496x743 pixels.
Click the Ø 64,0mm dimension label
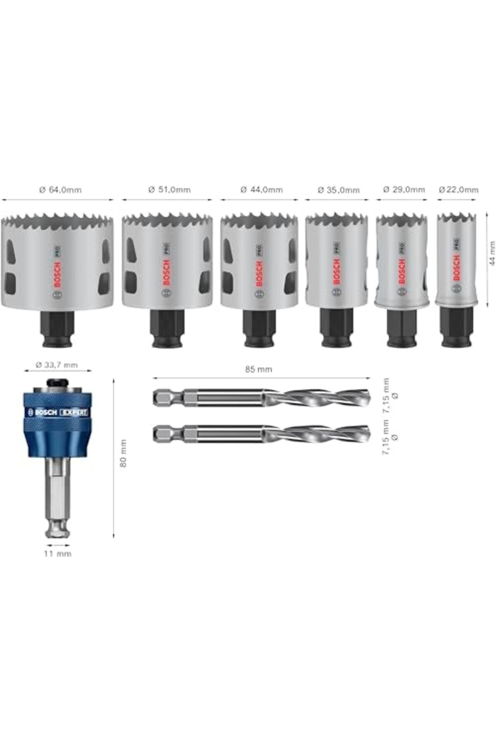[x=60, y=190]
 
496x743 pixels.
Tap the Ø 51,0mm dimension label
[x=169, y=190]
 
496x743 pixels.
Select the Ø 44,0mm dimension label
[x=262, y=190]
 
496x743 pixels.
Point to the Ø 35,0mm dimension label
[x=339, y=190]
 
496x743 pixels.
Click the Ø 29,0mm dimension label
[x=404, y=189]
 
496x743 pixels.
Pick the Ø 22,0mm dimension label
[x=458, y=189]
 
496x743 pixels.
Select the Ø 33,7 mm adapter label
[x=57, y=365]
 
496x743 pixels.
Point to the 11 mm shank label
[x=57, y=554]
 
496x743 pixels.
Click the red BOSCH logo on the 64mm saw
[x=57, y=275]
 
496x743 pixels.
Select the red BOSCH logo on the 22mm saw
[x=456, y=268]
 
